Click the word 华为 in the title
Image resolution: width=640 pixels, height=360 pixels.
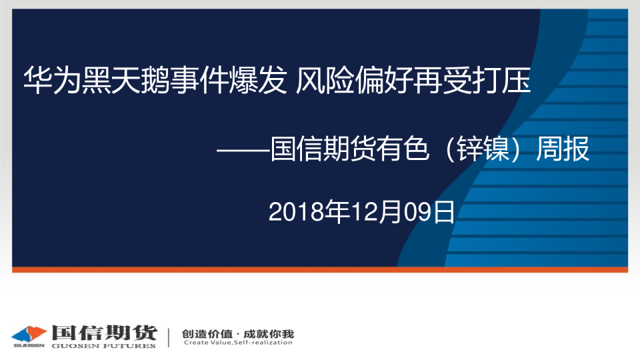(x=52, y=80)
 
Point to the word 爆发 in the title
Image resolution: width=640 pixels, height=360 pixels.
(x=257, y=80)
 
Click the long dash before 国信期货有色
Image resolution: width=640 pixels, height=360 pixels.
(x=243, y=150)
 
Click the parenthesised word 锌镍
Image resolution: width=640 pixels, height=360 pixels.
(x=483, y=149)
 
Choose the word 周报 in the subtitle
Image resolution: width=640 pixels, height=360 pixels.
(x=563, y=149)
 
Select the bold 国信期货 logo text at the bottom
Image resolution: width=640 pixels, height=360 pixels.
(x=104, y=333)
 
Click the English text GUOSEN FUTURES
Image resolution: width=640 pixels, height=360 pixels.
(x=104, y=346)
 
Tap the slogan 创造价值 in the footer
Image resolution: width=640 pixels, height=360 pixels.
(x=207, y=334)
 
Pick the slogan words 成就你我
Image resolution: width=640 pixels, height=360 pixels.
(x=269, y=334)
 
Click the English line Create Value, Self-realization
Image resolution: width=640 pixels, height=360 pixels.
(x=238, y=343)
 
